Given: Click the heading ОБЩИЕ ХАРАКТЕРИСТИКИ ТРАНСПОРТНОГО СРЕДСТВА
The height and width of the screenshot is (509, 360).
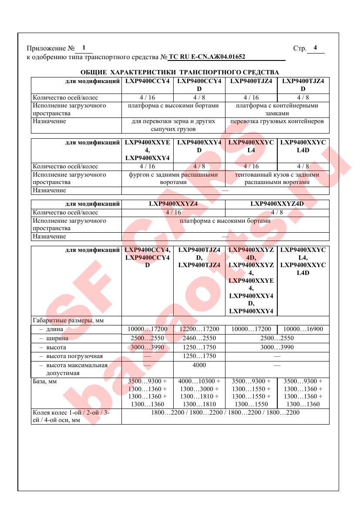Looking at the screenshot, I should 180,72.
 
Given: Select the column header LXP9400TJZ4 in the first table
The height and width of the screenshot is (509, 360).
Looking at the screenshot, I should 251,81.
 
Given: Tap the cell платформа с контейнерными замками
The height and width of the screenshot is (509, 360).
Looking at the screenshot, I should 277,109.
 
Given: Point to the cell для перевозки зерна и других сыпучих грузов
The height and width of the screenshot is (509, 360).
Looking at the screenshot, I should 173,125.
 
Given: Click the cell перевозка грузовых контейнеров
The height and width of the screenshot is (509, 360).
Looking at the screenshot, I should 277,121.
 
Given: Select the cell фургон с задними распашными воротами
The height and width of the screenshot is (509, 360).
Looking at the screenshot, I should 173,178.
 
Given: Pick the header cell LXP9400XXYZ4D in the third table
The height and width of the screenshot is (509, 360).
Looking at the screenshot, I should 277,204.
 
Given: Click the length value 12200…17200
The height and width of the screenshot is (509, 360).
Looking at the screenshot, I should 199,329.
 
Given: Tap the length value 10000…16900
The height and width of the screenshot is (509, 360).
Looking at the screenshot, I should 303,329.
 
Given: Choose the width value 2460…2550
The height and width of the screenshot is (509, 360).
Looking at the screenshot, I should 199,338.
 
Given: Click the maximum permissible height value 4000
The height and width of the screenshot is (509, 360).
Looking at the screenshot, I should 199,365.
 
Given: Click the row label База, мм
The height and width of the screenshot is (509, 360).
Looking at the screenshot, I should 45,381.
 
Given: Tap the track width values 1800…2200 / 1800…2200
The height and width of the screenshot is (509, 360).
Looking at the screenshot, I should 225,412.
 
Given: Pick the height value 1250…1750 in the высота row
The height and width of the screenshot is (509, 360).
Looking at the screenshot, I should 199,347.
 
